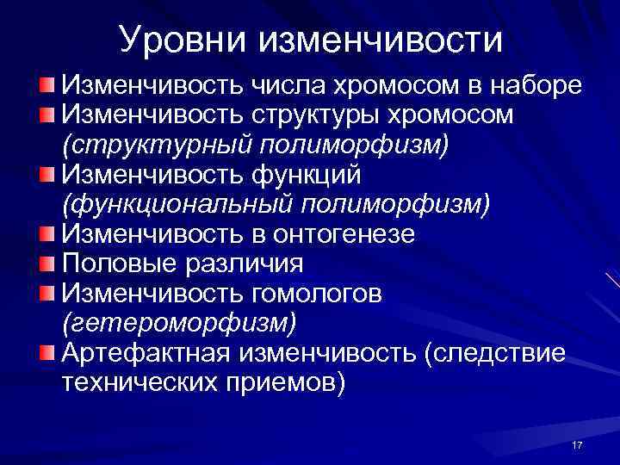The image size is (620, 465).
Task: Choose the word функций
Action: coord(306,175)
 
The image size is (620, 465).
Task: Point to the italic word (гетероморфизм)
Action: coord(179,322)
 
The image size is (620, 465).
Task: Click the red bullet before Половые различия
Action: coord(48,263)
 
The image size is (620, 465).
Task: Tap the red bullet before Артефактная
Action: coord(48,352)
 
